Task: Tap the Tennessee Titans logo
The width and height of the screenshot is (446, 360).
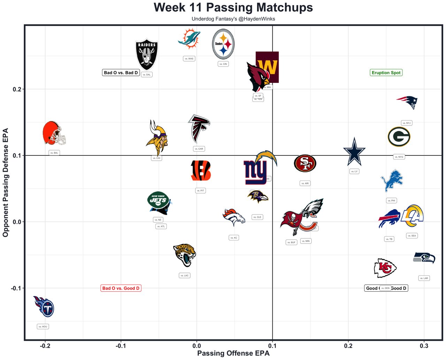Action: [44, 306]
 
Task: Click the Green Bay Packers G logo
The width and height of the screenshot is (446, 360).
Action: [399, 137]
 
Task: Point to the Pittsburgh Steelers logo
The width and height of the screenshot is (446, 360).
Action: [223, 44]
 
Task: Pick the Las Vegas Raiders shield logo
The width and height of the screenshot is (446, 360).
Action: [147, 54]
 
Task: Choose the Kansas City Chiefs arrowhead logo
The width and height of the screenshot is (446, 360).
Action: [385, 268]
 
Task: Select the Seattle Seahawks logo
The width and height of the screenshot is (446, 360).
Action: [424, 258]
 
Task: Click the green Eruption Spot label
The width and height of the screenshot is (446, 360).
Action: [386, 72]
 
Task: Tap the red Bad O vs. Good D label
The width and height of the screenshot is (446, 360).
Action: [121, 288]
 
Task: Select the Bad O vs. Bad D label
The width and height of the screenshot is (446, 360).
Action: [121, 72]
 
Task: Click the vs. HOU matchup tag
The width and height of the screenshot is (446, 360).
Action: [43, 327]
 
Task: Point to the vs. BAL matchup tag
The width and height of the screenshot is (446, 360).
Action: [54, 153]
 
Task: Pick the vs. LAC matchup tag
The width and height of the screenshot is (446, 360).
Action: [184, 275]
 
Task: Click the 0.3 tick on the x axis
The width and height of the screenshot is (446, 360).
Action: [424, 346]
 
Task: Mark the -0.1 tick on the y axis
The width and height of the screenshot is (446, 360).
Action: [16, 288]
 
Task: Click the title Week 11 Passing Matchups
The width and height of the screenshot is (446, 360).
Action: [233, 8]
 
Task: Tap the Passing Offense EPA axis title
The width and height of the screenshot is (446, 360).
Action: [233, 353]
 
